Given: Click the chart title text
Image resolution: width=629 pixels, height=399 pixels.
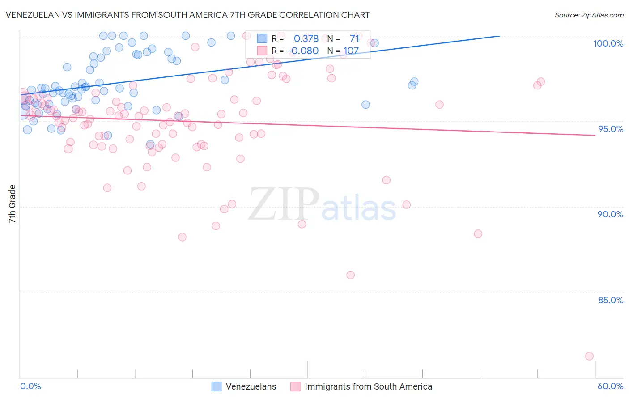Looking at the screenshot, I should click(187, 15).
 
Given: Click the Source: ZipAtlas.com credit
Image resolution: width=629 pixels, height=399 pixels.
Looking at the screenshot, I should click(589, 15).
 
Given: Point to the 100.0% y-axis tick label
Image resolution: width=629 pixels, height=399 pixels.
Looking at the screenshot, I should click(608, 43).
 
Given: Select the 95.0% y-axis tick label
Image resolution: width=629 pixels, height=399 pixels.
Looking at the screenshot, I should click(611, 129).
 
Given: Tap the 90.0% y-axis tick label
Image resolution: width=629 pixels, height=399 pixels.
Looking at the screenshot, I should click(610, 214).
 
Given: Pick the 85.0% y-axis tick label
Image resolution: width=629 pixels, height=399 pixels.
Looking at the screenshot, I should click(611, 300).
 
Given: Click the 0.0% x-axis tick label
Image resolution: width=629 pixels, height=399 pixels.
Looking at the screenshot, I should click(30, 386).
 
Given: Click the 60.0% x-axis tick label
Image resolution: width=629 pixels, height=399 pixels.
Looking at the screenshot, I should click(610, 386).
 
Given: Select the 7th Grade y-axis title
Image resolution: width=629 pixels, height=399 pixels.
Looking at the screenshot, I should click(12, 204).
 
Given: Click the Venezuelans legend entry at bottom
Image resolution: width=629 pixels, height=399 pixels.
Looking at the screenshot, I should click(251, 386).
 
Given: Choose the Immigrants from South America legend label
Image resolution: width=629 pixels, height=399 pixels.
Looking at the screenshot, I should click(368, 386).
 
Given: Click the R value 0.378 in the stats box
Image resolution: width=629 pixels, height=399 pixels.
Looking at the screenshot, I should click(306, 38).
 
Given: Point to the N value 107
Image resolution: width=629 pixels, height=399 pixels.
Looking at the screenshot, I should click(351, 51).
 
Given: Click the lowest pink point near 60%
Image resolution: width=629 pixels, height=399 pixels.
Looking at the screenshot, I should click(589, 356).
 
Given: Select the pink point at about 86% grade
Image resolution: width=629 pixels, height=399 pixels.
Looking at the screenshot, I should click(350, 275).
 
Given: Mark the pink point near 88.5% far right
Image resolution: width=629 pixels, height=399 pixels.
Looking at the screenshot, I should click(478, 233).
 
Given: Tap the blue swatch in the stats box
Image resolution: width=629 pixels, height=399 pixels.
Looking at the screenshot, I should click(262, 38).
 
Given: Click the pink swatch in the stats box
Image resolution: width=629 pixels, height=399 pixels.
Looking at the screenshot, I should click(262, 51).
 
